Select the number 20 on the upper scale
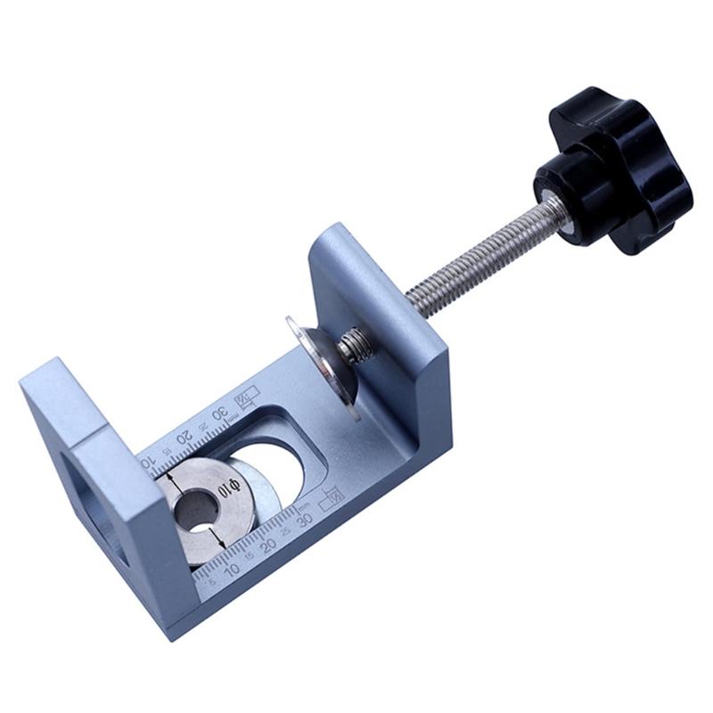(x=184, y=437)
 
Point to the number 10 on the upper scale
(x=149, y=461)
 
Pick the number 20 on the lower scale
(x=268, y=542)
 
